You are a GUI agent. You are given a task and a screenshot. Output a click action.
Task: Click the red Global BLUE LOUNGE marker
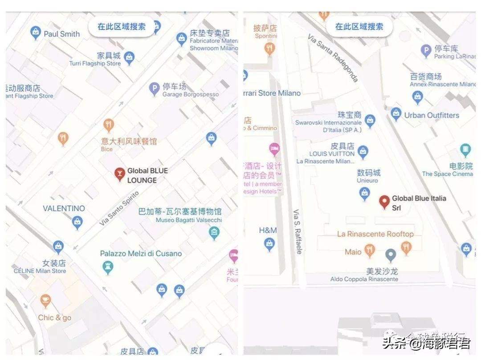tap(119, 174)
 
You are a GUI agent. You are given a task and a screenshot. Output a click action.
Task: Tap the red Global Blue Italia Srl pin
tap(384, 202)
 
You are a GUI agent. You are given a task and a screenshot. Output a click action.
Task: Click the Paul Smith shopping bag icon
tap(36, 32)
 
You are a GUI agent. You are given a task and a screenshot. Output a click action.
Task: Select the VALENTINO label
tap(64, 208)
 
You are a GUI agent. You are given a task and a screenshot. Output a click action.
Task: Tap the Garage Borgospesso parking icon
tap(155, 89)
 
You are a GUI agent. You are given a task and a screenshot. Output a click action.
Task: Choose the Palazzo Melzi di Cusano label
tap(141, 254)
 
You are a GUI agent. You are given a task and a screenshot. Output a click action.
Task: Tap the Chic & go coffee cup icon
tap(45, 301)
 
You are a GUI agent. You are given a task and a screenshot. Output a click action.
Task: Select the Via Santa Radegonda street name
tap(333, 58)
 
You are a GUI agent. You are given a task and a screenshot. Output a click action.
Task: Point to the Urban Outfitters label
tap(431, 115)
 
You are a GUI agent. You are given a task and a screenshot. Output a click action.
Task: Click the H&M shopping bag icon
tap(269, 243)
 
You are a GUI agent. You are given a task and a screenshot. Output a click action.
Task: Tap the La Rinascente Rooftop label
tap(375, 234)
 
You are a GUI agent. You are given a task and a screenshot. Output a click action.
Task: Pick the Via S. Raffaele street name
tap(298, 231)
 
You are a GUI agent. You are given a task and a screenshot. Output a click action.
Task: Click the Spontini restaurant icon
tap(269, 48)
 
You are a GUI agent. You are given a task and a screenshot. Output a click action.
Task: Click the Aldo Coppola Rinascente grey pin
tap(391, 255)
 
